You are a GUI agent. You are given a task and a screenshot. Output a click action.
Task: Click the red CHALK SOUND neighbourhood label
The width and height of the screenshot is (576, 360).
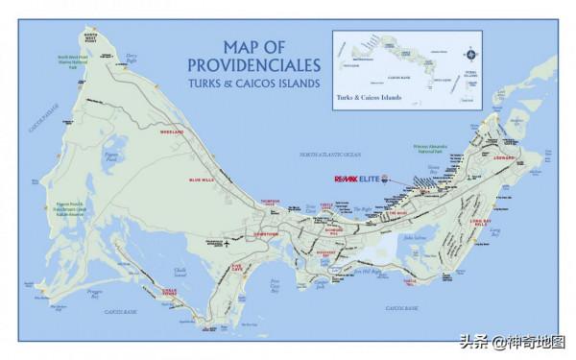pos(171,291)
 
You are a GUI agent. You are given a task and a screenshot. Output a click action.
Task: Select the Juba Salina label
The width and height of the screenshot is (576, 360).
pos(414,237)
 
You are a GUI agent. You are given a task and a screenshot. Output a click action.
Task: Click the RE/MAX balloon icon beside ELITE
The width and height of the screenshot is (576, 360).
pos(384,180)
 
